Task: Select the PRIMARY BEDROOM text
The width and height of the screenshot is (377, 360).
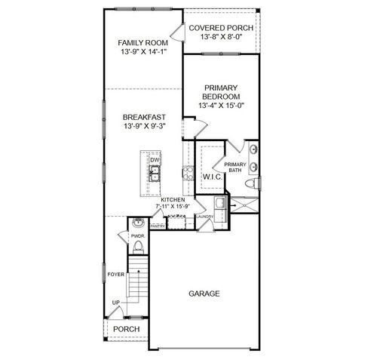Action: pos(221,92)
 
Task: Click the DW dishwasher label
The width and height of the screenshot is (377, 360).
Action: pos(154,160)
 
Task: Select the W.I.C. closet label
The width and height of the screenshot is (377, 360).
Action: pos(212,177)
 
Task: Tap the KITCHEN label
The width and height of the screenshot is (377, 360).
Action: pos(172,199)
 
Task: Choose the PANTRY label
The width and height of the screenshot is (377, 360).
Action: pos(158,226)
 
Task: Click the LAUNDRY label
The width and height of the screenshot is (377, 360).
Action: pos(205,217)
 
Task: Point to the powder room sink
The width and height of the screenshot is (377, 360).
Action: pos(137,224)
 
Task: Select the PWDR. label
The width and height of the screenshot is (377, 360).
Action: pos(137,236)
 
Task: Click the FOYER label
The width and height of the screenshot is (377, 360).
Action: pos(115,275)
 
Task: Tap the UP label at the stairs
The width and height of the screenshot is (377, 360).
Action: pos(115,303)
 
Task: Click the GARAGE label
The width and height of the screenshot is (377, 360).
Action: pos(205,293)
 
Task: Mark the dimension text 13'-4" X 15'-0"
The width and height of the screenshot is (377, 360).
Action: pos(221,106)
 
